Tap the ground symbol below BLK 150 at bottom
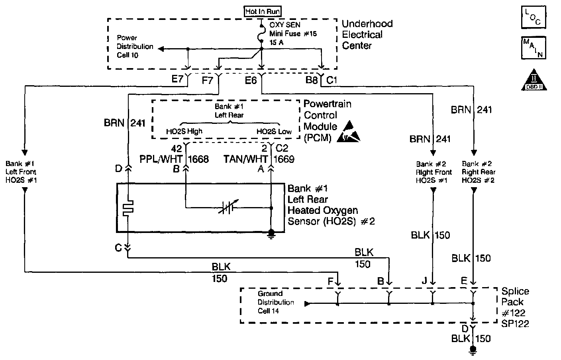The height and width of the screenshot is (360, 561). tap(473, 350)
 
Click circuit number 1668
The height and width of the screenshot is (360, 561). tap(198, 159)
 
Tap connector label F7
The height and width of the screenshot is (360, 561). tap(208, 81)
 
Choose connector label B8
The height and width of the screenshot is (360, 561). tap(312, 80)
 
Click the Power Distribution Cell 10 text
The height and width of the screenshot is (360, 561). tap(135, 47)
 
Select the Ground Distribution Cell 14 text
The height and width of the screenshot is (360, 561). tap(276, 302)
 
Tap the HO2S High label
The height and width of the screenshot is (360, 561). tap(184, 131)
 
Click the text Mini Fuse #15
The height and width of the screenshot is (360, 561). tap(293, 34)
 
